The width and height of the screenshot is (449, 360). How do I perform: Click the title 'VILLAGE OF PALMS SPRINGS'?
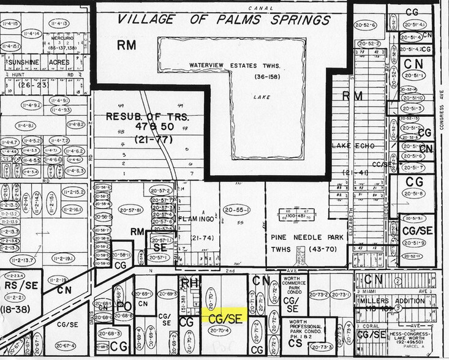[221, 20]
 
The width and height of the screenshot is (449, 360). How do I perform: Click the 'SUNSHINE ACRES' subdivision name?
[30, 62]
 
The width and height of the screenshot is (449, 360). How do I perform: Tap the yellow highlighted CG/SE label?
[224, 316]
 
